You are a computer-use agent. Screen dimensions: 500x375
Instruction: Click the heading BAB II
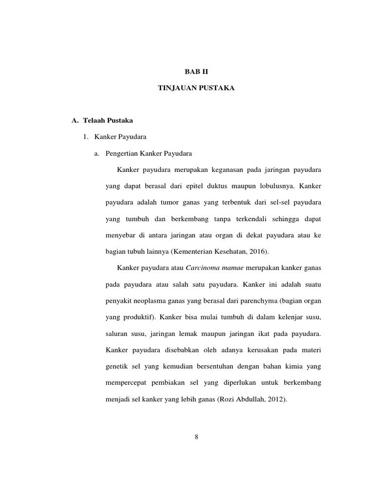pyautogui.click(x=195, y=71)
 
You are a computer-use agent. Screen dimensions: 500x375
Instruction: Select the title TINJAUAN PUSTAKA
pyautogui.click(x=195, y=88)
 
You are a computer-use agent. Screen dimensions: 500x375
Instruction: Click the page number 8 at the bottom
pyautogui.click(x=196, y=437)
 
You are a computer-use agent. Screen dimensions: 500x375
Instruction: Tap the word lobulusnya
pyautogui.click(x=274, y=186)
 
